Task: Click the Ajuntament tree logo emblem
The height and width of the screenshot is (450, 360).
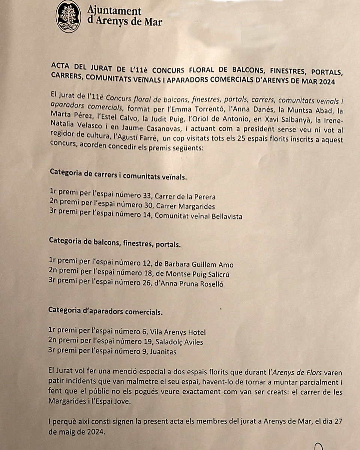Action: tap(68, 16)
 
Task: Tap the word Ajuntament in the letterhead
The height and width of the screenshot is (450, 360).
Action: tap(114, 11)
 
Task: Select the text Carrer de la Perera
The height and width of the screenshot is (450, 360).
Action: tap(185, 196)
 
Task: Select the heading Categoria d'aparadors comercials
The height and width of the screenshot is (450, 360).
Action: tap(105, 311)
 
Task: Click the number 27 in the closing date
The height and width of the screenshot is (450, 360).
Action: tap(338, 422)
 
